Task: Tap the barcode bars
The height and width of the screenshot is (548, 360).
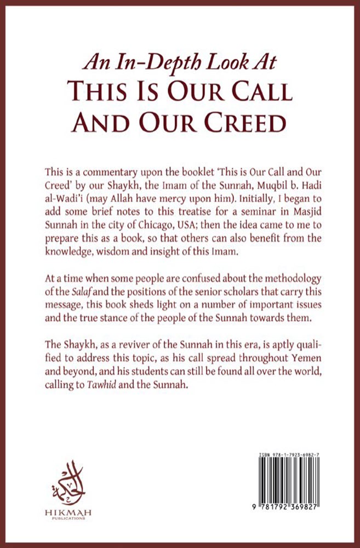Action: pos(287,480)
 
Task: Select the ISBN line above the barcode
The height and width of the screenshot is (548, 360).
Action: pos(287,455)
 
